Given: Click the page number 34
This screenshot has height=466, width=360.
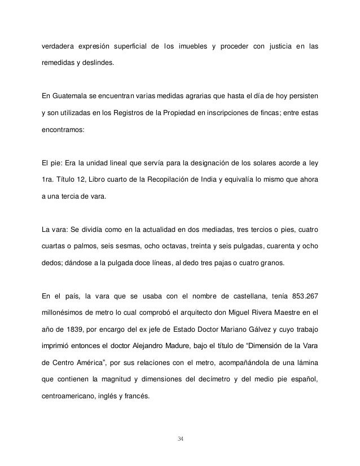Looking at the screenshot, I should click(180, 439).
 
